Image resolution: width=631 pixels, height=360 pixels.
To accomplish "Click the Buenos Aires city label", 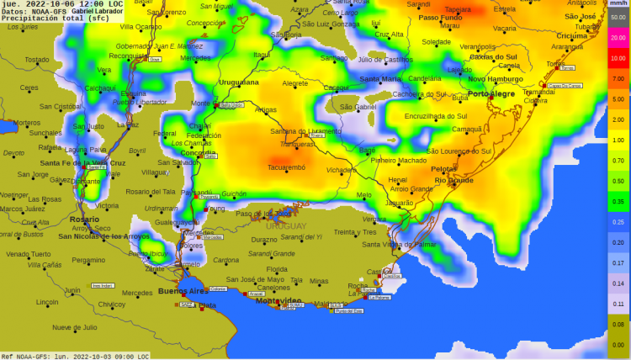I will tap(183, 291).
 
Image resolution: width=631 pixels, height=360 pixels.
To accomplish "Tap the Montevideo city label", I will tap(278, 300).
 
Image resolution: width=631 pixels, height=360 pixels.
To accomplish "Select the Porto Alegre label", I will tap(491, 93).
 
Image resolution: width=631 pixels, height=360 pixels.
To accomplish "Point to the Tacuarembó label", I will tap(286, 167).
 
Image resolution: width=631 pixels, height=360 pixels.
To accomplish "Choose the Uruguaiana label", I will tap(239, 82).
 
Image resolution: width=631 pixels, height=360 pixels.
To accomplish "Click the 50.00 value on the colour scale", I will tap(618, 18).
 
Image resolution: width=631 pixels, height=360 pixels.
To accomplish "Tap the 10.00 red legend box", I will tap(618, 59).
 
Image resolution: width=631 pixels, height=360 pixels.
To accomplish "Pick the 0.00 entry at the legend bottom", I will tap(618, 344).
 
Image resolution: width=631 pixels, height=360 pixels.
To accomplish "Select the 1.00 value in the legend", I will tap(618, 140).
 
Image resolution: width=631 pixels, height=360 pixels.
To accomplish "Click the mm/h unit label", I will tap(618, 5).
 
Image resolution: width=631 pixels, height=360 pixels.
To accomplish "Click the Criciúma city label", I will tap(572, 36).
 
